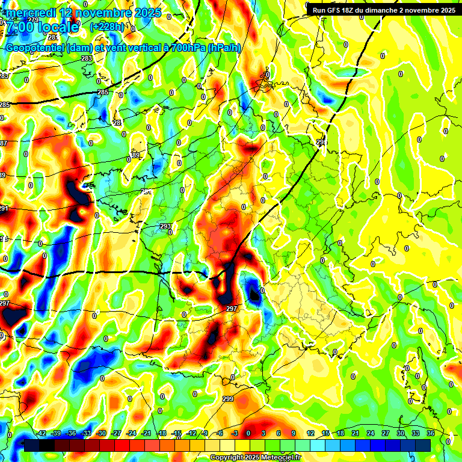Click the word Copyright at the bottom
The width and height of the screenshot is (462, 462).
coord(226,458)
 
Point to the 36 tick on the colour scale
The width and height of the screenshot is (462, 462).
coord(431,434)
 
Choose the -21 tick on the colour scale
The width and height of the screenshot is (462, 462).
coord(146,434)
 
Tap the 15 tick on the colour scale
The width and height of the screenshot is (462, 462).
coord(325,434)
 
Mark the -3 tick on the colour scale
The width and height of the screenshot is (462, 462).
coord(235,434)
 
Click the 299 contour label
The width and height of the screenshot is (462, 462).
coord(228,399)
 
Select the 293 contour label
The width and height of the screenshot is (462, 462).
coord(166,227)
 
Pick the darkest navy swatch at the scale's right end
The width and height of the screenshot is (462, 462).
coord(423,445)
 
